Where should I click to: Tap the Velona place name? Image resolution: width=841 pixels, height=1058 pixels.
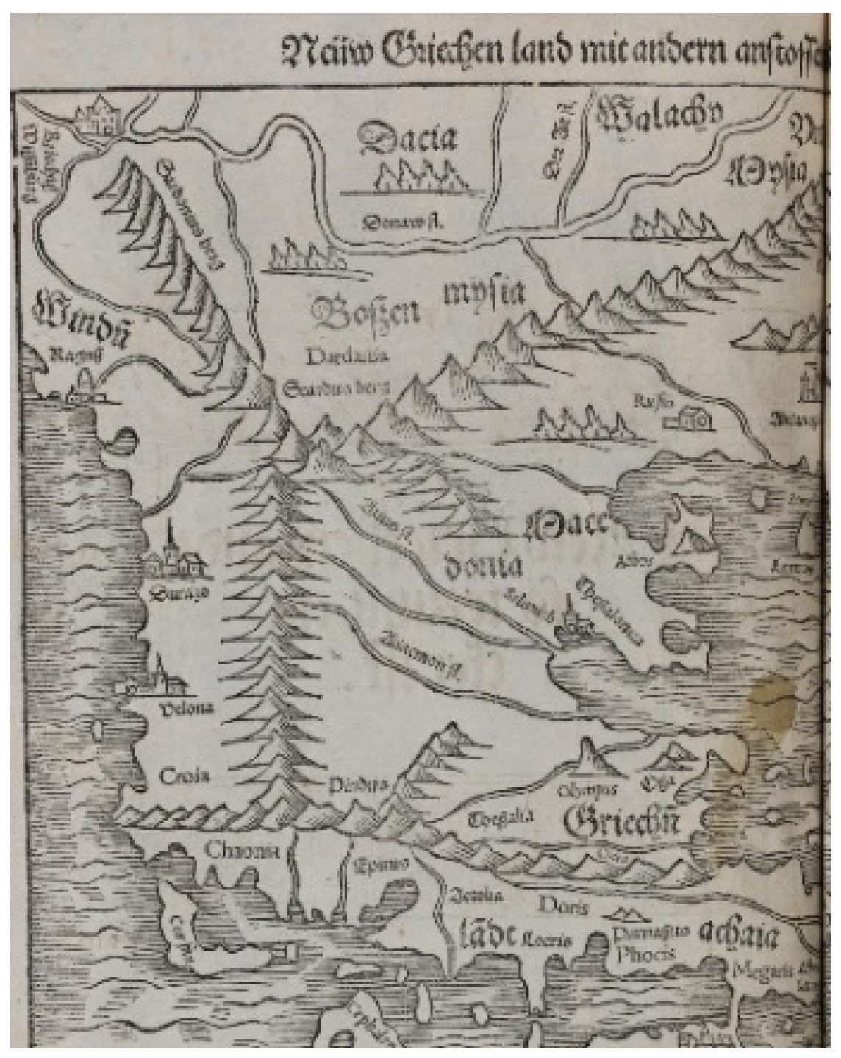tap(187, 709)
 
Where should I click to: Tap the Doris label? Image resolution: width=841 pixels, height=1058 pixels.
tap(563, 906)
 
